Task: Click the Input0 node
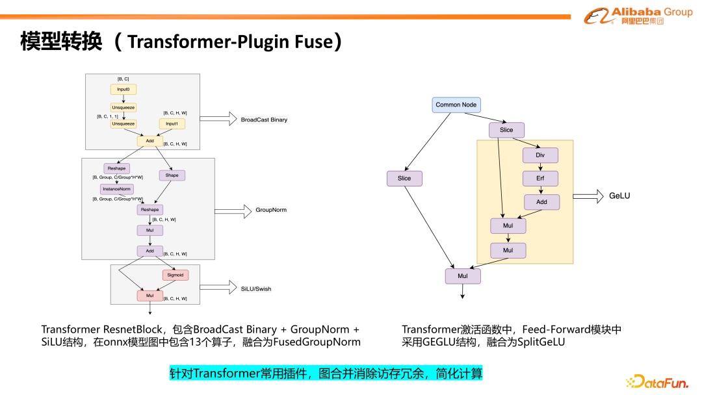(123, 90)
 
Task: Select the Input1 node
(172, 123)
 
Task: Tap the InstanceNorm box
(116, 189)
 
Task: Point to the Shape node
(172, 175)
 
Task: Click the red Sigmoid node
(175, 275)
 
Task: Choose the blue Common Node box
(456, 105)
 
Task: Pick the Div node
(540, 155)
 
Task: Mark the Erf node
(540, 178)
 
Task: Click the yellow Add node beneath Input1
(149, 140)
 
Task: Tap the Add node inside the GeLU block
(541, 202)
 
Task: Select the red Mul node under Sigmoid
(149, 296)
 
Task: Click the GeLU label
(619, 196)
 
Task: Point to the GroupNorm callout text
(271, 210)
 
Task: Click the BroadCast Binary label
(264, 120)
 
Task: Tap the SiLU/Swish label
(256, 288)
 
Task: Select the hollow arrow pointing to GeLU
(588, 196)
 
